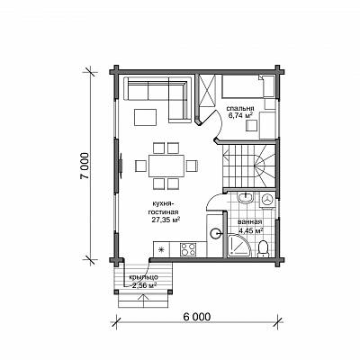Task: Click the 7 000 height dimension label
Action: point(85,166)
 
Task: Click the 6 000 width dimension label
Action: point(196,317)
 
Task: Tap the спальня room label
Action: point(240,108)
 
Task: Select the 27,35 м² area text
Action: point(166,220)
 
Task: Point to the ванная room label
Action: point(250,222)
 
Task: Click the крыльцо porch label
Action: point(143,277)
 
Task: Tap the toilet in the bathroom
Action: point(263,248)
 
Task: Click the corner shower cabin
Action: point(239,246)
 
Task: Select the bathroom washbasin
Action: point(246,198)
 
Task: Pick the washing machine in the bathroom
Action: point(266,199)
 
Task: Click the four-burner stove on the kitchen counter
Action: point(188,249)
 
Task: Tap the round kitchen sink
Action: point(215,233)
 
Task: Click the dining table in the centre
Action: point(166,166)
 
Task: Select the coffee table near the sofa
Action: point(146,117)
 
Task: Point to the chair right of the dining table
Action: point(192,166)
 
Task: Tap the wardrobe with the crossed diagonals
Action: point(207,91)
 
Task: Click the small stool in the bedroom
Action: point(251,126)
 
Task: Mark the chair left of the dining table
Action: point(140,166)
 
